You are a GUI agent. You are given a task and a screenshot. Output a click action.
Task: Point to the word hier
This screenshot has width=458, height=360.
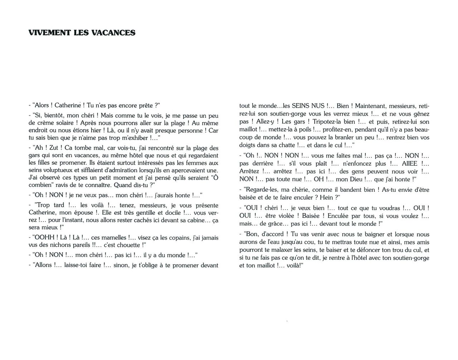[x=94, y=131]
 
